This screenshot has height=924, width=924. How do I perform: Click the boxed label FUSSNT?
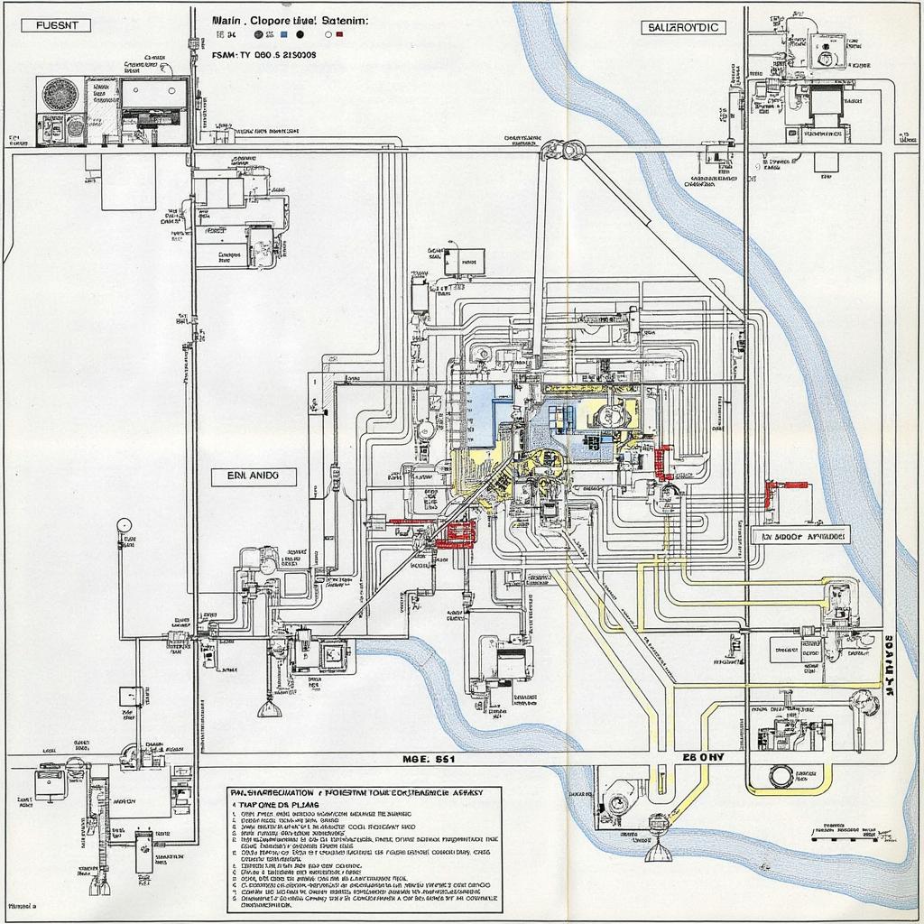56,25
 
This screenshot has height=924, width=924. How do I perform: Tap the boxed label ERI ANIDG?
254,476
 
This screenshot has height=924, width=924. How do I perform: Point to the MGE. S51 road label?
428,760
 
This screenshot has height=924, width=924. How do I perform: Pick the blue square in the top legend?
283,34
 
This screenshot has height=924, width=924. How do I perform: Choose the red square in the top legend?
339,34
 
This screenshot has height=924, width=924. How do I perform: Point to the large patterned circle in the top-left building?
61,95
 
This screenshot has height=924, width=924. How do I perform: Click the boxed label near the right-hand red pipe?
800,535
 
